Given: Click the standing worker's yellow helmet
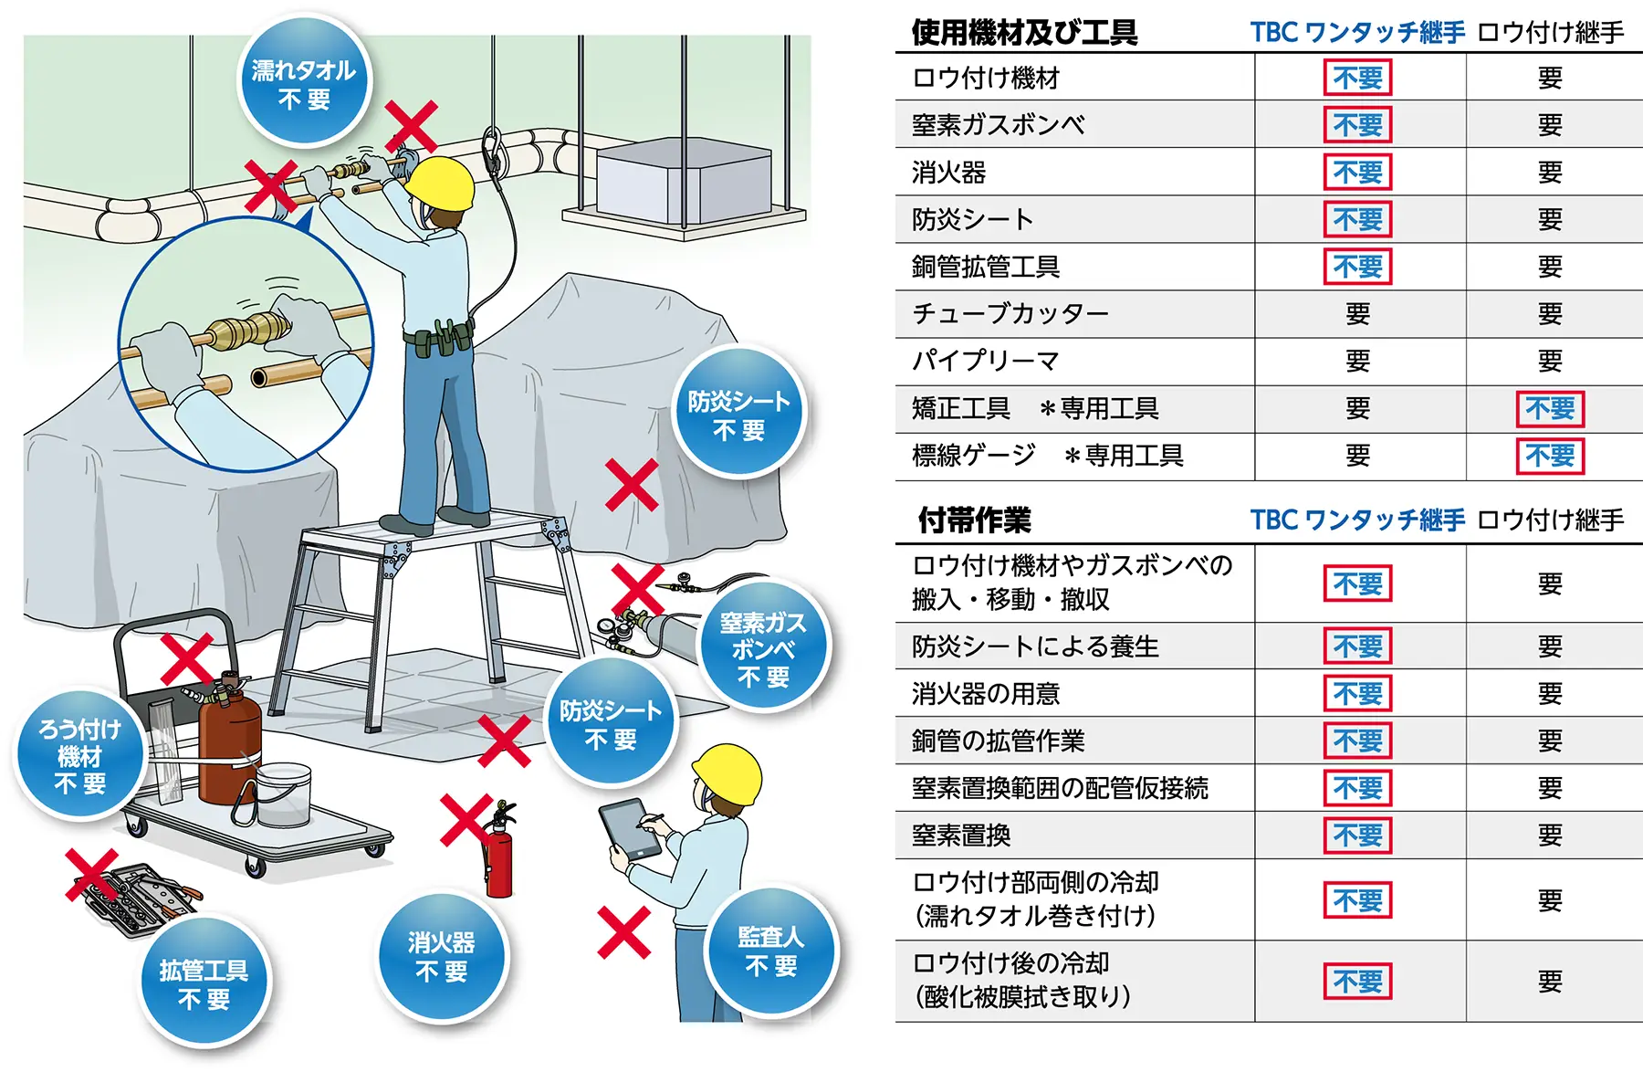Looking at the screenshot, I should (x=441, y=184).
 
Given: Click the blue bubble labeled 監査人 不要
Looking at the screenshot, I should (x=771, y=951).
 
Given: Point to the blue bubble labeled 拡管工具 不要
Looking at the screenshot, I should (x=204, y=983).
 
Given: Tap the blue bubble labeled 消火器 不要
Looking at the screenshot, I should (x=442, y=956).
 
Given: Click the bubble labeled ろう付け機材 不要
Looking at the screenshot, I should (x=80, y=755).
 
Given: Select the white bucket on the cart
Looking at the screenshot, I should (x=284, y=794).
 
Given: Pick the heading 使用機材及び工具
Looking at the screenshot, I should (x=1024, y=33).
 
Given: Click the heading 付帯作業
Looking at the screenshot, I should (x=974, y=520).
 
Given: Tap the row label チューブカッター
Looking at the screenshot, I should (x=1010, y=314).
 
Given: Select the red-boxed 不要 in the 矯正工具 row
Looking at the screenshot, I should (x=1549, y=408).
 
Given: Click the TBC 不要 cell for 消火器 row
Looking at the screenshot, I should (x=1357, y=173).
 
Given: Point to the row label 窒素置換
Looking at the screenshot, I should (x=961, y=836).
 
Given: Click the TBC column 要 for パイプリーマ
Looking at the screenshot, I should (x=1357, y=362).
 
